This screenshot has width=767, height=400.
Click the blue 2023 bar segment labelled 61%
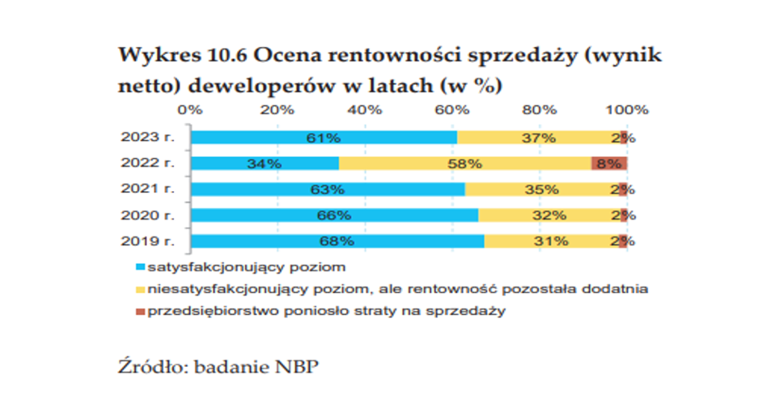tap(324, 138)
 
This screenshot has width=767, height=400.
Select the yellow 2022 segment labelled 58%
tap(465, 164)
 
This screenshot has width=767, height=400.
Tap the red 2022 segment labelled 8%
tap(609, 164)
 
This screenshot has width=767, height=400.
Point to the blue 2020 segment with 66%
tap(333, 215)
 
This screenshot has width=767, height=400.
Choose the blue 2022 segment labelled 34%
tap(265, 164)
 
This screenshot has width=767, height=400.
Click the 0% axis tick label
tap(191, 110)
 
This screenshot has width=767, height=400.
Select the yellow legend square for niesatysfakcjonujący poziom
tap(140, 288)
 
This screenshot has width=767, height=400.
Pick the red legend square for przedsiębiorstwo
tap(140, 311)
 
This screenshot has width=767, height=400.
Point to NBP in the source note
tap(297, 366)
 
